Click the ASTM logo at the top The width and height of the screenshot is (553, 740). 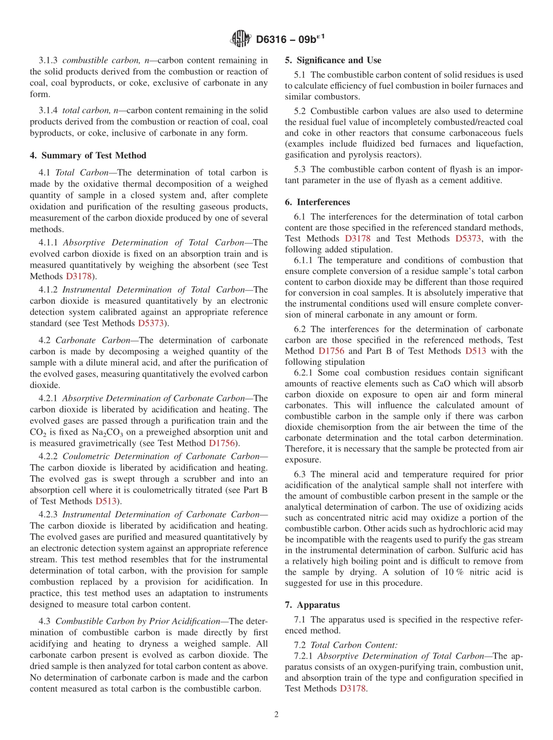[x=241, y=39]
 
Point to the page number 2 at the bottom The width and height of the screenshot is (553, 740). [x=276, y=714]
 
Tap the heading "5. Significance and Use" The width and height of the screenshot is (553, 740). [x=333, y=60]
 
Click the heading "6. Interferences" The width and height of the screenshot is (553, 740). [x=317, y=202]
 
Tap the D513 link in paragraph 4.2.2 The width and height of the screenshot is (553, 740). [x=107, y=501]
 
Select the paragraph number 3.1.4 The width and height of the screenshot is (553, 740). [x=49, y=111]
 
